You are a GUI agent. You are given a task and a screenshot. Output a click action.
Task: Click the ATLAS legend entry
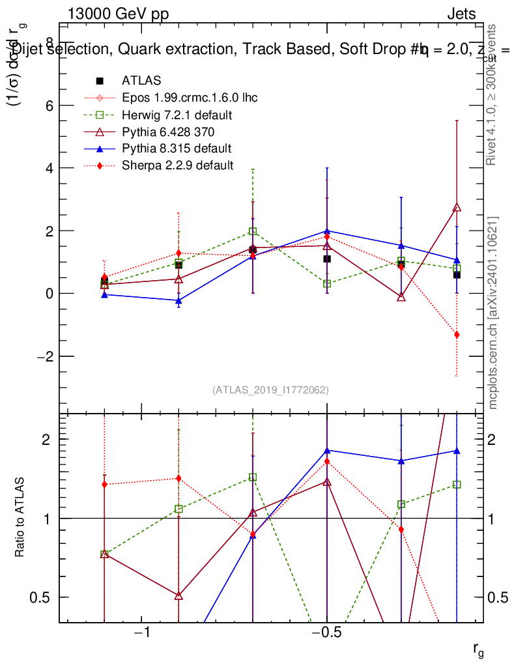[141, 81]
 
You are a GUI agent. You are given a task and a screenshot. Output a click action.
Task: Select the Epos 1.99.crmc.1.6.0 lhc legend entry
[190, 98]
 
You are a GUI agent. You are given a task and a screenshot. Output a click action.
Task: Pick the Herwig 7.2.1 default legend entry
[177, 115]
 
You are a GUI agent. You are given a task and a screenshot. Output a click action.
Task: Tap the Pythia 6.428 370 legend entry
[171, 132]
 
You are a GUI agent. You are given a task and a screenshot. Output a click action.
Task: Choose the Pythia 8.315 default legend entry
[177, 149]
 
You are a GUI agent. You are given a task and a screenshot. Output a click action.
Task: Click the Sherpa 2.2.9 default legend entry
[177, 165]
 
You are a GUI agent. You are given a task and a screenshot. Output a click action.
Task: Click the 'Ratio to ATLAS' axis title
[20, 517]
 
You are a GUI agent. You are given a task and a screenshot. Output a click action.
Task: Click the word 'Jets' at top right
[461, 14]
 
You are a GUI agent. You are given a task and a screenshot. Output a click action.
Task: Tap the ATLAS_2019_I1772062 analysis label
[270, 390]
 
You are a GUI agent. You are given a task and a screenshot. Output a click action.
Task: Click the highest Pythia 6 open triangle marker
[457, 208]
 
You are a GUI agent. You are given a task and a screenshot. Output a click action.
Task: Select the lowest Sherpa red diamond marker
[457, 335]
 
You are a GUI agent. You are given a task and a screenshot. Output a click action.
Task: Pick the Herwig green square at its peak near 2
[253, 231]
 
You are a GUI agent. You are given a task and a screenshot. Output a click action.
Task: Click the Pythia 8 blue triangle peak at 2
[327, 231]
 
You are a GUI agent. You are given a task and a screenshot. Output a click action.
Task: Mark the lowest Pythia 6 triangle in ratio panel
[178, 596]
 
